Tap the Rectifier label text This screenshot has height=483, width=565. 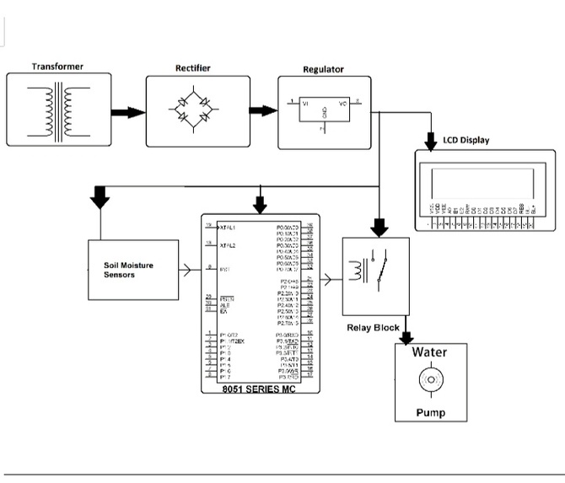(192, 67)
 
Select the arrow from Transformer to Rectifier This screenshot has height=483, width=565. (126, 112)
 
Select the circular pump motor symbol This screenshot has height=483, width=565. (429, 382)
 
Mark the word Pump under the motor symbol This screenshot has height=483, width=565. (429, 412)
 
